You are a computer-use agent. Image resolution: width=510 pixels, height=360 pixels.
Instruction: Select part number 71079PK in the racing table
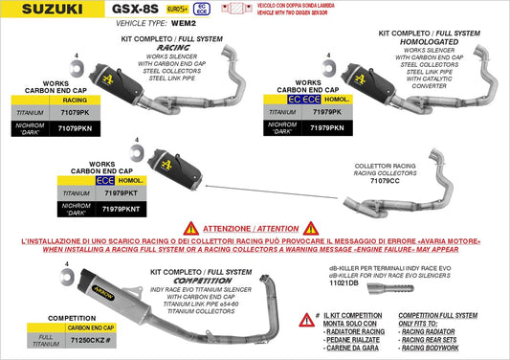pyautogui.click(x=75, y=112)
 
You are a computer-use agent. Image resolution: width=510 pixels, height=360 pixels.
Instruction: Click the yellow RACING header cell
pyautogui.click(x=75, y=99)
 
